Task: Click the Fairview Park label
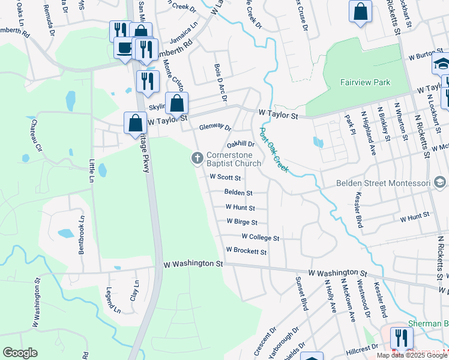[x=365, y=82]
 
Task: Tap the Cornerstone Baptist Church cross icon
[x=196, y=158]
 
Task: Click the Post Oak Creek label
[x=274, y=149]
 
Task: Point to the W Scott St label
[x=225, y=178]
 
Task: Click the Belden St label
[x=238, y=193]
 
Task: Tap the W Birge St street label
[x=242, y=221]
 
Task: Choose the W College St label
[x=260, y=238]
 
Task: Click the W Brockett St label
[x=246, y=250]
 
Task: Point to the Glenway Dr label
[x=215, y=127]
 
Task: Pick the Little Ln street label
[x=92, y=171]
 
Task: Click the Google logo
[x=20, y=353]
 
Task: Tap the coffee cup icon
[x=124, y=48]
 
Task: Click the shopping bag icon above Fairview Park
[x=360, y=11]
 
